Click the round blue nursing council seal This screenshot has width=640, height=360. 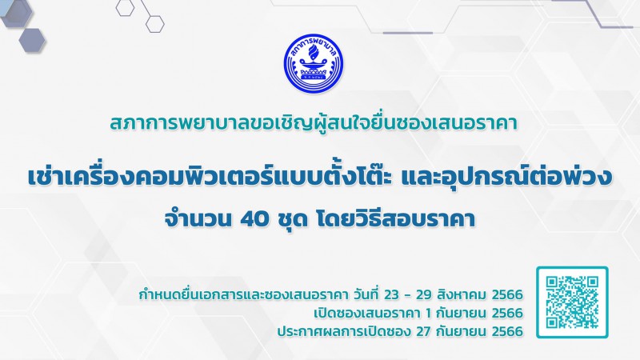(314, 63)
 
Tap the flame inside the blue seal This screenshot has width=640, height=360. (313, 52)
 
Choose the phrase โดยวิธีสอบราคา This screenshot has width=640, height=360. (395, 219)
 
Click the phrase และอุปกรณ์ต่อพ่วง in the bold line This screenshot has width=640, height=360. (507, 176)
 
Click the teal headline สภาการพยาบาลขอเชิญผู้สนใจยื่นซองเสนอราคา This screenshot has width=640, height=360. (314, 123)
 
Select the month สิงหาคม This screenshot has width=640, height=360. (462, 294)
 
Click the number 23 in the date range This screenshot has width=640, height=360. (391, 294)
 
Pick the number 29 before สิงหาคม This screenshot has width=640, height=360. (423, 294)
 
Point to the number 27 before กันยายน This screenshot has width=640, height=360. (424, 331)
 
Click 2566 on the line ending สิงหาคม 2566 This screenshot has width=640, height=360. (507, 294)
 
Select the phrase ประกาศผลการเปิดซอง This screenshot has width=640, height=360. (344, 330)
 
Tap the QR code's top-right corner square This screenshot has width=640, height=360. (592, 282)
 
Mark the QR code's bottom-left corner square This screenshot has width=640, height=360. (552, 322)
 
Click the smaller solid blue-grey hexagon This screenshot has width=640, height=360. (32, 40)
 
